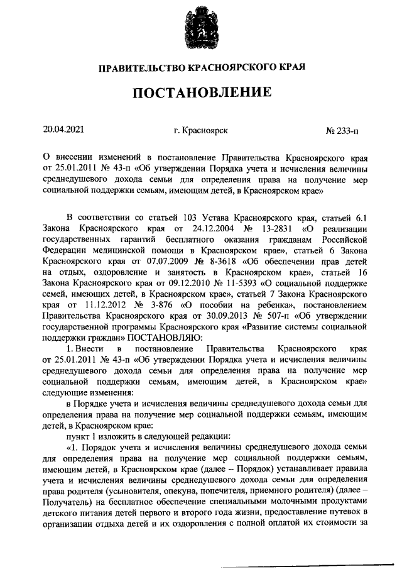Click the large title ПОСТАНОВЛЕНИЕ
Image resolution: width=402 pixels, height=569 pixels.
tap(201, 93)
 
